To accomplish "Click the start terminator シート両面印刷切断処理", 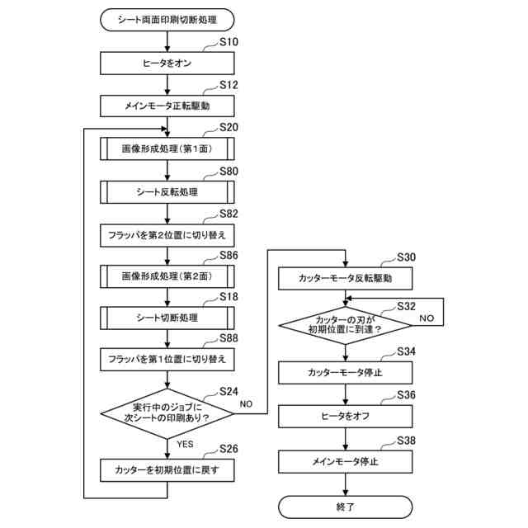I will pyautogui.click(x=167, y=18).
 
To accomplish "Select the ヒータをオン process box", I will pyautogui.click(x=167, y=63).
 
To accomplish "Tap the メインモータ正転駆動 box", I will pyautogui.click(x=167, y=106).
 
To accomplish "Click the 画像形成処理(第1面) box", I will pyautogui.click(x=167, y=149).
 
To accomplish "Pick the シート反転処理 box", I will pyautogui.click(x=167, y=192).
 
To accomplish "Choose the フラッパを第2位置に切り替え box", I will pyautogui.click(x=167, y=235).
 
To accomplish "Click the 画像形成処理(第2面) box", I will pyautogui.click(x=167, y=275).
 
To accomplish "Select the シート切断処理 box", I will pyautogui.click(x=167, y=318).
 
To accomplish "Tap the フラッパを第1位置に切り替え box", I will pyautogui.click(x=167, y=361).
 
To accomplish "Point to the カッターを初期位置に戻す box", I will pyautogui.click(x=167, y=470).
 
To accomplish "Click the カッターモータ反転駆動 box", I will pyautogui.click(x=345, y=280).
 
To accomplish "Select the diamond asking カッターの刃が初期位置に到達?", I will pyautogui.click(x=345, y=324).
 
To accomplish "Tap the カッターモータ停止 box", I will pyautogui.click(x=345, y=373).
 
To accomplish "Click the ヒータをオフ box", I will pyautogui.click(x=345, y=417).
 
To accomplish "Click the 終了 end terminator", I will pyautogui.click(x=345, y=507).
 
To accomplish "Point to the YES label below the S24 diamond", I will pyautogui.click(x=186, y=444).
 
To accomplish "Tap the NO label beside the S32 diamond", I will pyautogui.click(x=427, y=318).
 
